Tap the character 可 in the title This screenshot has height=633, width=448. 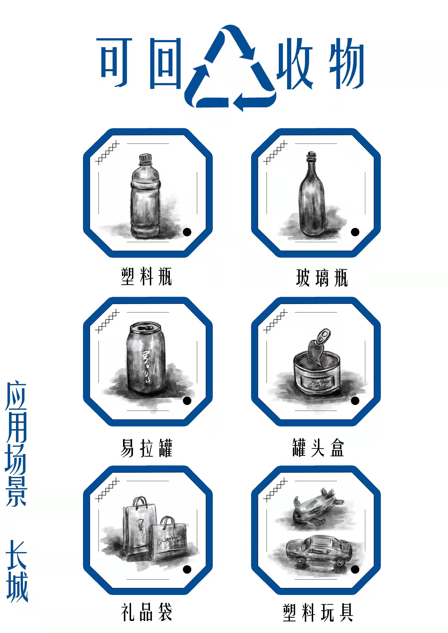pyautogui.click(x=114, y=62)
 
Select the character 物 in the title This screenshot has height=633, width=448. pyautogui.click(x=346, y=63)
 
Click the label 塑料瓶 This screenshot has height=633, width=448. pyautogui.click(x=146, y=276)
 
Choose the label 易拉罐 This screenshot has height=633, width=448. pyautogui.click(x=146, y=448)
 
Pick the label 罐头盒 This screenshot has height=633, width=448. pyautogui.click(x=318, y=448)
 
